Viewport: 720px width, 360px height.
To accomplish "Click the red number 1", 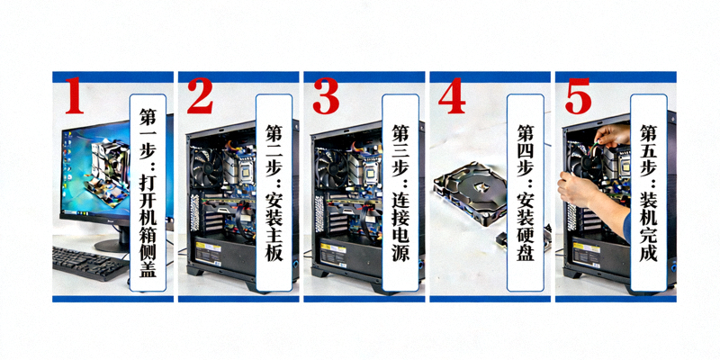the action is coord(75,95).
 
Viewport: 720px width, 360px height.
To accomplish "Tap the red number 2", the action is coord(200,95).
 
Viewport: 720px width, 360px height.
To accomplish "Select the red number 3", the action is coord(326,95).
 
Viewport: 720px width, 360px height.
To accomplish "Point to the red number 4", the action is coord(452,95).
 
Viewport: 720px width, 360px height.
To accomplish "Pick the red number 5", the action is coord(578,95).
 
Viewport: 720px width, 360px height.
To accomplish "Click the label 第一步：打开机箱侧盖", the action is coord(148,193).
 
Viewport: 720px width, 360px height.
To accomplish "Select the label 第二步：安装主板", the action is coord(274,193).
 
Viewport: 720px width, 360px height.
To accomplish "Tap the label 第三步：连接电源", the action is coord(400,193).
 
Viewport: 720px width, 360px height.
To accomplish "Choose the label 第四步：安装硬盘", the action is coord(526,193).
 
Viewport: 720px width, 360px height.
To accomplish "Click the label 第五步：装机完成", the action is coord(648,193).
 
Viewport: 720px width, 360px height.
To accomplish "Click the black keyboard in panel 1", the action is coord(89,263).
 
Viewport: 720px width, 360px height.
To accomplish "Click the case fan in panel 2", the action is coord(207,167).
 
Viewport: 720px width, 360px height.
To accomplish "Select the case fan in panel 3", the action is coord(331,167).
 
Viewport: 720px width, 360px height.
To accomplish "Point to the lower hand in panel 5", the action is coord(574,189).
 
